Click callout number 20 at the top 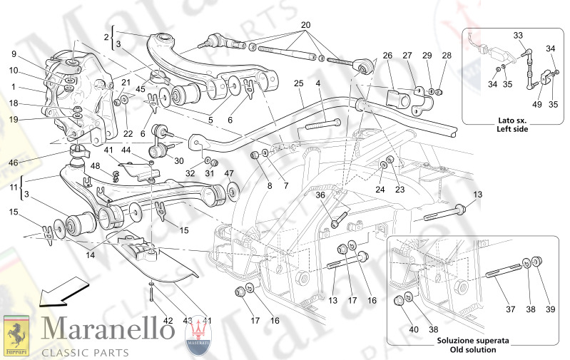[306, 25]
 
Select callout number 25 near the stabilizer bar [299, 84]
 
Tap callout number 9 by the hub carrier [14, 54]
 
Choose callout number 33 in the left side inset [518, 35]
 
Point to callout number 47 [228, 174]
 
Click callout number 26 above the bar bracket [387, 56]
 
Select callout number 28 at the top [447, 56]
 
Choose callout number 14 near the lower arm [91, 254]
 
